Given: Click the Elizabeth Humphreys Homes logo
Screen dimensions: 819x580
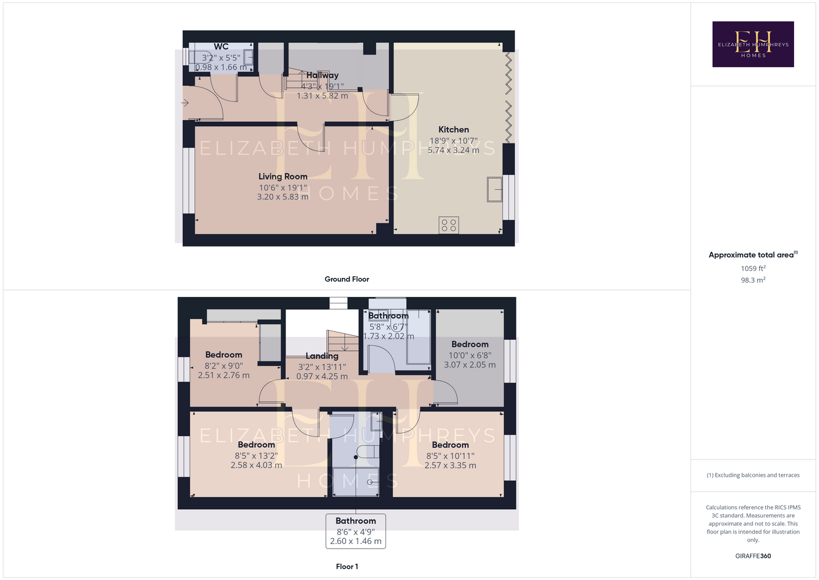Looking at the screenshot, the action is pyautogui.click(x=753, y=44).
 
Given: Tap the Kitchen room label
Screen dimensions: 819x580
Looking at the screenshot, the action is pyautogui.click(x=453, y=129).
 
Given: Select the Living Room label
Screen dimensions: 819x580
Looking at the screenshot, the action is pyautogui.click(x=283, y=177).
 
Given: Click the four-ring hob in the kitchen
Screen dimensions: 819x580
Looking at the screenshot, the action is pyautogui.click(x=449, y=225).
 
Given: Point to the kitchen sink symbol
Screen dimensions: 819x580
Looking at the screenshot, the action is pyautogui.click(x=494, y=190).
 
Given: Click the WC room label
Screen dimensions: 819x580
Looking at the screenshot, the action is pyautogui.click(x=221, y=47).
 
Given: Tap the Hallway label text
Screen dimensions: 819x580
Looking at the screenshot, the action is pyautogui.click(x=322, y=75).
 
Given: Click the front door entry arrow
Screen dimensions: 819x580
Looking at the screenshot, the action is pyautogui.click(x=185, y=103).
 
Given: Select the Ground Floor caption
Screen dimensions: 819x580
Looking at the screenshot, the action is pyautogui.click(x=347, y=279).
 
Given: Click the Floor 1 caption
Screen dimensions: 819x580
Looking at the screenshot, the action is pyautogui.click(x=347, y=567).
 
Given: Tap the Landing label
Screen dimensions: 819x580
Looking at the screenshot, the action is pyautogui.click(x=322, y=356).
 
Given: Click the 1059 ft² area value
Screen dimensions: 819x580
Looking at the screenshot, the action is pyautogui.click(x=753, y=268).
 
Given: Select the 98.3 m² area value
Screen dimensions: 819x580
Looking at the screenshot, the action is pyautogui.click(x=753, y=280).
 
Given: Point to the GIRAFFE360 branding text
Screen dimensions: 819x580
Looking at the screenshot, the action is pyautogui.click(x=753, y=556).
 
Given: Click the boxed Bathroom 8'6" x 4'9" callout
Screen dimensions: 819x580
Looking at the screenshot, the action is pyautogui.click(x=356, y=531).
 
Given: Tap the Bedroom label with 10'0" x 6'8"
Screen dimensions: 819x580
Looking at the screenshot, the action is pyautogui.click(x=470, y=345).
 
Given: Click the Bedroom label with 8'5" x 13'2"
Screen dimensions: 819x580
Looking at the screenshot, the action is pyautogui.click(x=256, y=445).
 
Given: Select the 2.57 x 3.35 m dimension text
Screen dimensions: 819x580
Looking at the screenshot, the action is pyautogui.click(x=450, y=466).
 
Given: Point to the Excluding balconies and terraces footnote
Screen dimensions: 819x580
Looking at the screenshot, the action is pyautogui.click(x=753, y=475).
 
